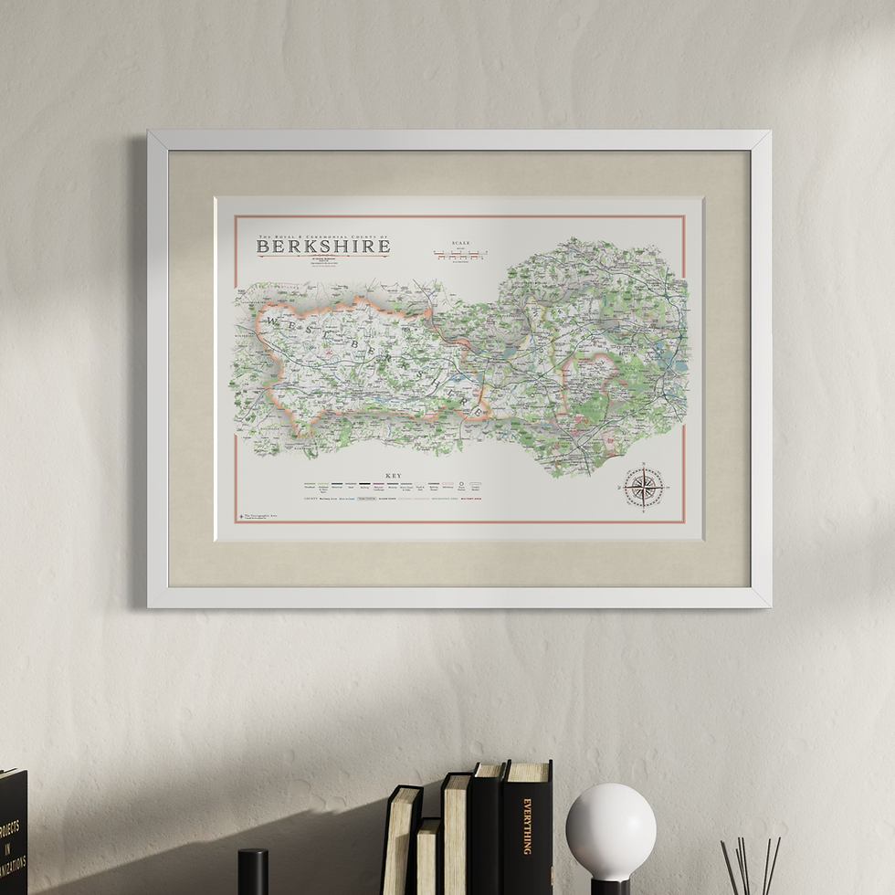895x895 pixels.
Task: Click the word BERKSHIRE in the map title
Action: pos(323,246)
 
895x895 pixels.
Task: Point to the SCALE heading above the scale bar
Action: pos(459,243)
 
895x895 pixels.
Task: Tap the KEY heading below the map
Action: pos(394,476)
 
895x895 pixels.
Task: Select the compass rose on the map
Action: pos(644,488)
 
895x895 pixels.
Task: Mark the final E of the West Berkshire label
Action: pos(476,412)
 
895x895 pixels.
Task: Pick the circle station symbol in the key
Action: pos(461,486)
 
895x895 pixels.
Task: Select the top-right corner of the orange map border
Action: pos(684,217)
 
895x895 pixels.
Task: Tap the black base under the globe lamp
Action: pos(610,887)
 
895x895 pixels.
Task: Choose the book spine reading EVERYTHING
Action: pos(527,827)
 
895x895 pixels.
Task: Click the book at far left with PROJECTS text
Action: pos(13,831)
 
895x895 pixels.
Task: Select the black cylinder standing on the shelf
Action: pos(253,871)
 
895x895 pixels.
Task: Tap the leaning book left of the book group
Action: pos(402,840)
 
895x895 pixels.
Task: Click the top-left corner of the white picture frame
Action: pos(151,133)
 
